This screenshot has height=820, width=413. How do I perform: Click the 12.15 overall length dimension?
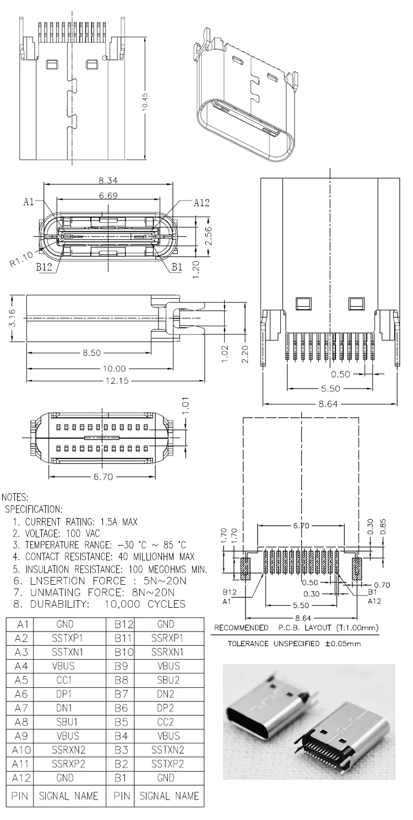click(x=116, y=381)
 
